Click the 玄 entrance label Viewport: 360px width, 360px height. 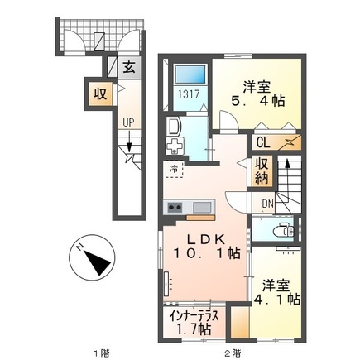tap(129, 68)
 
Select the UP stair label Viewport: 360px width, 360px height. tap(128, 122)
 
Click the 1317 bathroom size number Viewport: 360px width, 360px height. tap(189, 94)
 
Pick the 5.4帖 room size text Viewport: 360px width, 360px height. tap(257, 101)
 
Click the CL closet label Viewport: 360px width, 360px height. tap(263, 143)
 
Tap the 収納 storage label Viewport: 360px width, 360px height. tap(262, 171)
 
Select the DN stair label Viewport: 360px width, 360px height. tap(267, 204)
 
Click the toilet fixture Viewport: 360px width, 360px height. tap(283, 229)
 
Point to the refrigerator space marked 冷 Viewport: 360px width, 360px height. tap(173, 169)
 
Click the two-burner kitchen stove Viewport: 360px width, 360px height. tap(175, 207)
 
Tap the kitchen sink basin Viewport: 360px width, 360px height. tap(203, 207)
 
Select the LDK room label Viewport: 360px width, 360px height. tap(206, 239)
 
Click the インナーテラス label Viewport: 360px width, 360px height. tap(194, 315)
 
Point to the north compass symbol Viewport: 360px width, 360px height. tap(92, 257)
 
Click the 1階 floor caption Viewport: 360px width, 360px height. tap(100, 353)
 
